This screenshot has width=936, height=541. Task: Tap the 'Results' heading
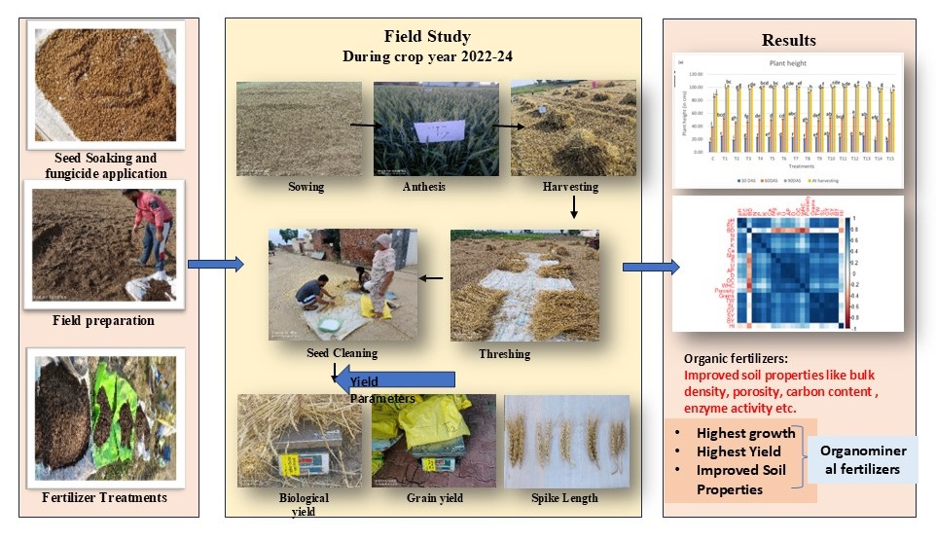tap(788, 41)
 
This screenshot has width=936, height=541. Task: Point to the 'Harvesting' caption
tap(572, 186)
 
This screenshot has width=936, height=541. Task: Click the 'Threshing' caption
tap(504, 353)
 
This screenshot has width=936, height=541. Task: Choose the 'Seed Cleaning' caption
tap(343, 353)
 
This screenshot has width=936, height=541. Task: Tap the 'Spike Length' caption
tap(564, 498)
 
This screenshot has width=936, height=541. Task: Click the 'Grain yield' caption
tap(434, 498)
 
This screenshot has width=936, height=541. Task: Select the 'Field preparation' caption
tap(103, 320)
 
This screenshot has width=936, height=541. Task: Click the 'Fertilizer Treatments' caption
tap(104, 497)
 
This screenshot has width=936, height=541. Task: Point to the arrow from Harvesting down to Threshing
tap(574, 206)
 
